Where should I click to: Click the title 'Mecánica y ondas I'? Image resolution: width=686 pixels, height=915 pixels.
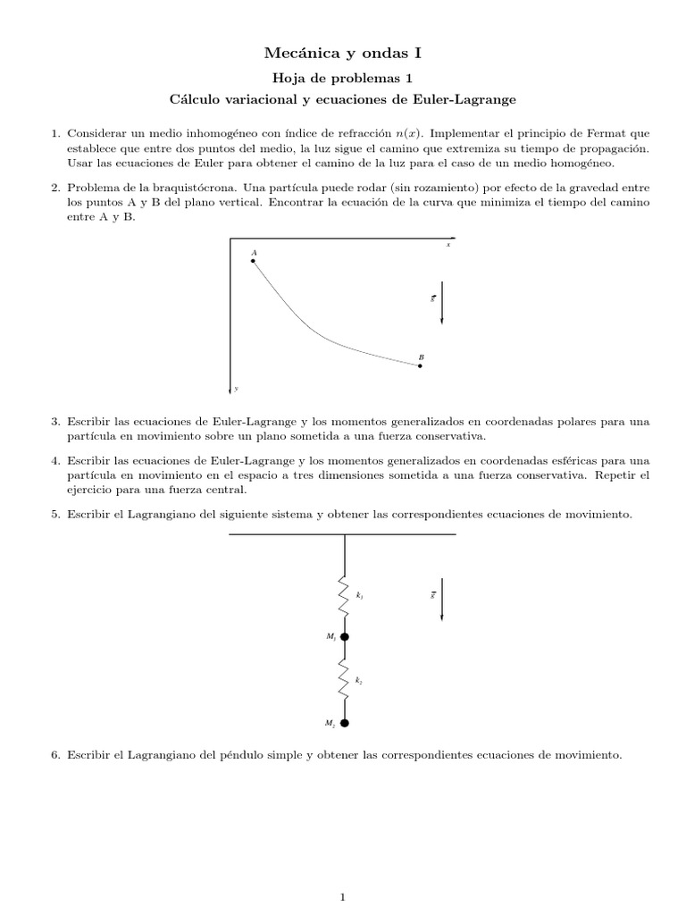pos(342,55)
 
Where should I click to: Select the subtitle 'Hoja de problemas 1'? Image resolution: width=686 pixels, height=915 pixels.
pos(342,78)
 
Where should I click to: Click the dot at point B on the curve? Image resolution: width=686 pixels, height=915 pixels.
pos(420,365)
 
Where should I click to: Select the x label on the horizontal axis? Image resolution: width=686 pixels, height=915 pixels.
pos(448,245)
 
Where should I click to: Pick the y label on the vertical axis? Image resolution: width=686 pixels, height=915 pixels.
pos(237,388)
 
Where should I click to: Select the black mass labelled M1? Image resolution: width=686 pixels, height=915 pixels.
pos(345,637)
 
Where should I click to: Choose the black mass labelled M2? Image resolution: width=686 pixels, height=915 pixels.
pos(345,723)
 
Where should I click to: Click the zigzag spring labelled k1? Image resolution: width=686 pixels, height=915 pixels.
pos(345,595)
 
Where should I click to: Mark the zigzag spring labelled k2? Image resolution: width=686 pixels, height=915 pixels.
pos(345,680)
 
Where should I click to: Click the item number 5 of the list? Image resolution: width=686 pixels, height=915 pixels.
pos(54,516)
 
